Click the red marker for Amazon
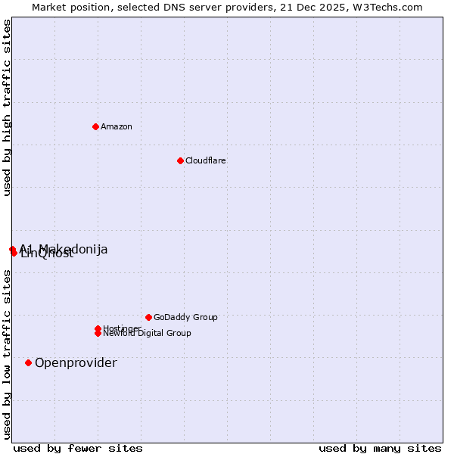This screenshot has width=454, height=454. pyautogui.click(x=95, y=126)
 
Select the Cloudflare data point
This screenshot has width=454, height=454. pyautogui.click(x=180, y=160)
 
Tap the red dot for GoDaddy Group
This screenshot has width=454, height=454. pyautogui.click(x=148, y=317)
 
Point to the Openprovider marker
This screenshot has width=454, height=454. pyautogui.click(x=29, y=362)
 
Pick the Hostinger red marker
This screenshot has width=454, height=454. pyautogui.click(x=98, y=328)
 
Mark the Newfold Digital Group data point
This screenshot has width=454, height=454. pyautogui.click(x=98, y=333)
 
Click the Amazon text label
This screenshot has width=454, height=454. pyautogui.click(x=117, y=126)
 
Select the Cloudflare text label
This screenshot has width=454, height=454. pyautogui.click(x=206, y=160)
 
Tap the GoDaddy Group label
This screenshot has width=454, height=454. pyautogui.click(x=185, y=317)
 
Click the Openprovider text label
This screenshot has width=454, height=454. pyautogui.click(x=76, y=362)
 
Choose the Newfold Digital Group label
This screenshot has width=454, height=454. pyautogui.click(x=147, y=333)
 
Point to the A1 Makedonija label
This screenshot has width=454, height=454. pyautogui.click(x=64, y=249)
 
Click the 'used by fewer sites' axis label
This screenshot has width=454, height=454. pyautogui.click(x=78, y=448)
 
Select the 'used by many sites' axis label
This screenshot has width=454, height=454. pyautogui.click(x=380, y=448)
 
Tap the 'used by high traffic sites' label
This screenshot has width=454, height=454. pyautogui.click(x=8, y=107)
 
